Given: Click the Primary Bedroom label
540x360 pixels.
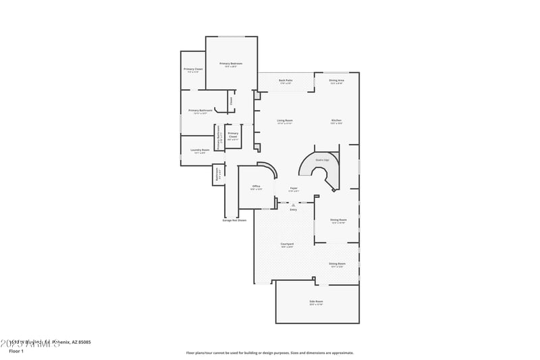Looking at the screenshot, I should pyautogui.click(x=231, y=63).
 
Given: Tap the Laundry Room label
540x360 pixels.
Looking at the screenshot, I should pyautogui.click(x=200, y=150).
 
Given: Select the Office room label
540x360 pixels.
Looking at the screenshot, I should pyautogui.click(x=256, y=186).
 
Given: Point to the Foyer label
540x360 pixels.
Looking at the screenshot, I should pyautogui.click(x=294, y=188).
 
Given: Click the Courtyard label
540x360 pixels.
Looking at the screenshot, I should pyautogui.click(x=287, y=244).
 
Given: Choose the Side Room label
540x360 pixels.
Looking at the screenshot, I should pyautogui.click(x=316, y=301).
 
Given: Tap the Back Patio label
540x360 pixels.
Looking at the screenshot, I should pyautogui.click(x=286, y=80).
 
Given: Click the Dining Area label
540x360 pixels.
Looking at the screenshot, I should pyautogui.click(x=337, y=80).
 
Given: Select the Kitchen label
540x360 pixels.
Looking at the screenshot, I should pyautogui.click(x=336, y=120).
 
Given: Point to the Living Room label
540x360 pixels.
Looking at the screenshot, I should pyautogui.click(x=285, y=120).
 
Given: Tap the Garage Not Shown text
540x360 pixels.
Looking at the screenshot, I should pyautogui.click(x=234, y=220).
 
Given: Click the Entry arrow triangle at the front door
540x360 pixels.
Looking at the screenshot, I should pyautogui.click(x=294, y=205).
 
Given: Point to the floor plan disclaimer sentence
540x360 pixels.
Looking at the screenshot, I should pyautogui.click(x=270, y=353).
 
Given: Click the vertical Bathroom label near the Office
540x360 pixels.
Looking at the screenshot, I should pyautogui.click(x=217, y=175).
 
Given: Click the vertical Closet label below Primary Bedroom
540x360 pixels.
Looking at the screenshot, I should pyautogui.click(x=231, y=101).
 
